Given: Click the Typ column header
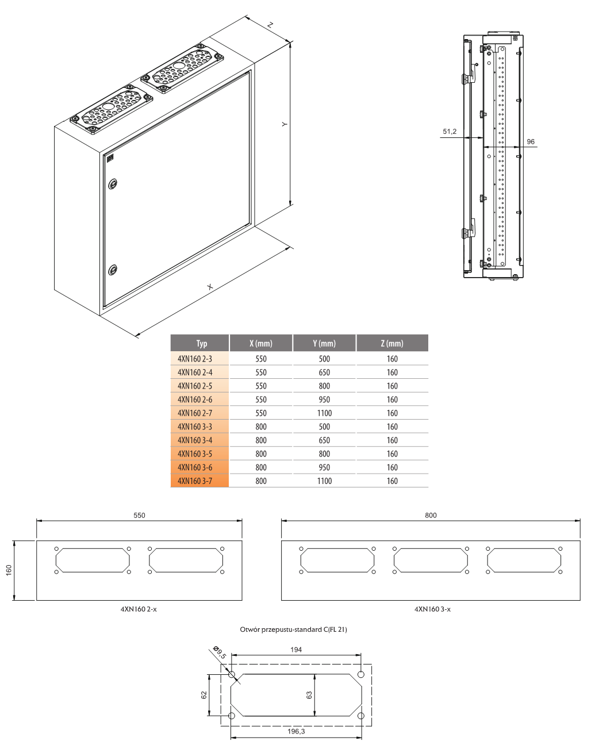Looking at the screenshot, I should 201,343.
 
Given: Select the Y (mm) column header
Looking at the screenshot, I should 324,343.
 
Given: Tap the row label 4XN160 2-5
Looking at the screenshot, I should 195,386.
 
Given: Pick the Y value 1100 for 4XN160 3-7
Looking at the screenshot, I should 324,481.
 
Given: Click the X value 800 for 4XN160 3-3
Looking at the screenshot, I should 261,427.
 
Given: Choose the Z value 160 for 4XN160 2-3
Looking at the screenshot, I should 392,359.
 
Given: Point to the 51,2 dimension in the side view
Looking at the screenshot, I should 450,132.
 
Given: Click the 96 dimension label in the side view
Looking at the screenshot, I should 530,141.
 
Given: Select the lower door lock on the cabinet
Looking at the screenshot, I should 113,269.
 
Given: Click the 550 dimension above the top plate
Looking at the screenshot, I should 139,516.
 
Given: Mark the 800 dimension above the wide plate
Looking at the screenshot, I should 431,516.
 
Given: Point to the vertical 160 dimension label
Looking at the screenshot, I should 9,570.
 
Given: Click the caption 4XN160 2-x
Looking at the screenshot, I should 139,609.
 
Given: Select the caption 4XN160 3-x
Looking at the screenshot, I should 432,609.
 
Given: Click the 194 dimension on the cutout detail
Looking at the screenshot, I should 296,650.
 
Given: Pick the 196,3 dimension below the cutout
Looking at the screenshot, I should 296,731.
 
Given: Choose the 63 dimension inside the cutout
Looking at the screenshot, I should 309,695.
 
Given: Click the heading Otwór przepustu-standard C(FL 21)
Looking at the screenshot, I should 293,629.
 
